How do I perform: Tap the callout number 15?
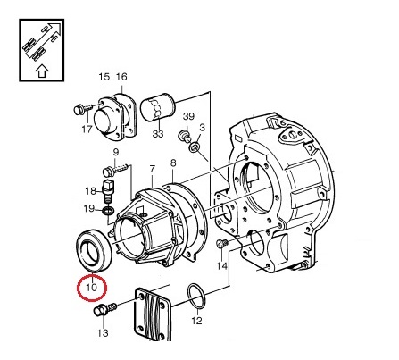coord(104,77)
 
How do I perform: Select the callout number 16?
coord(121,77)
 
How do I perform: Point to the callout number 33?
coord(158,134)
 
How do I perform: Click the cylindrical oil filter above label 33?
coord(157,107)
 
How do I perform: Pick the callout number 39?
coord(188,116)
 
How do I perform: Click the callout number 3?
coord(203,128)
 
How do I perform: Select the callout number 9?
coord(116,152)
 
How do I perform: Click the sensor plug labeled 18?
coord(108,189)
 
